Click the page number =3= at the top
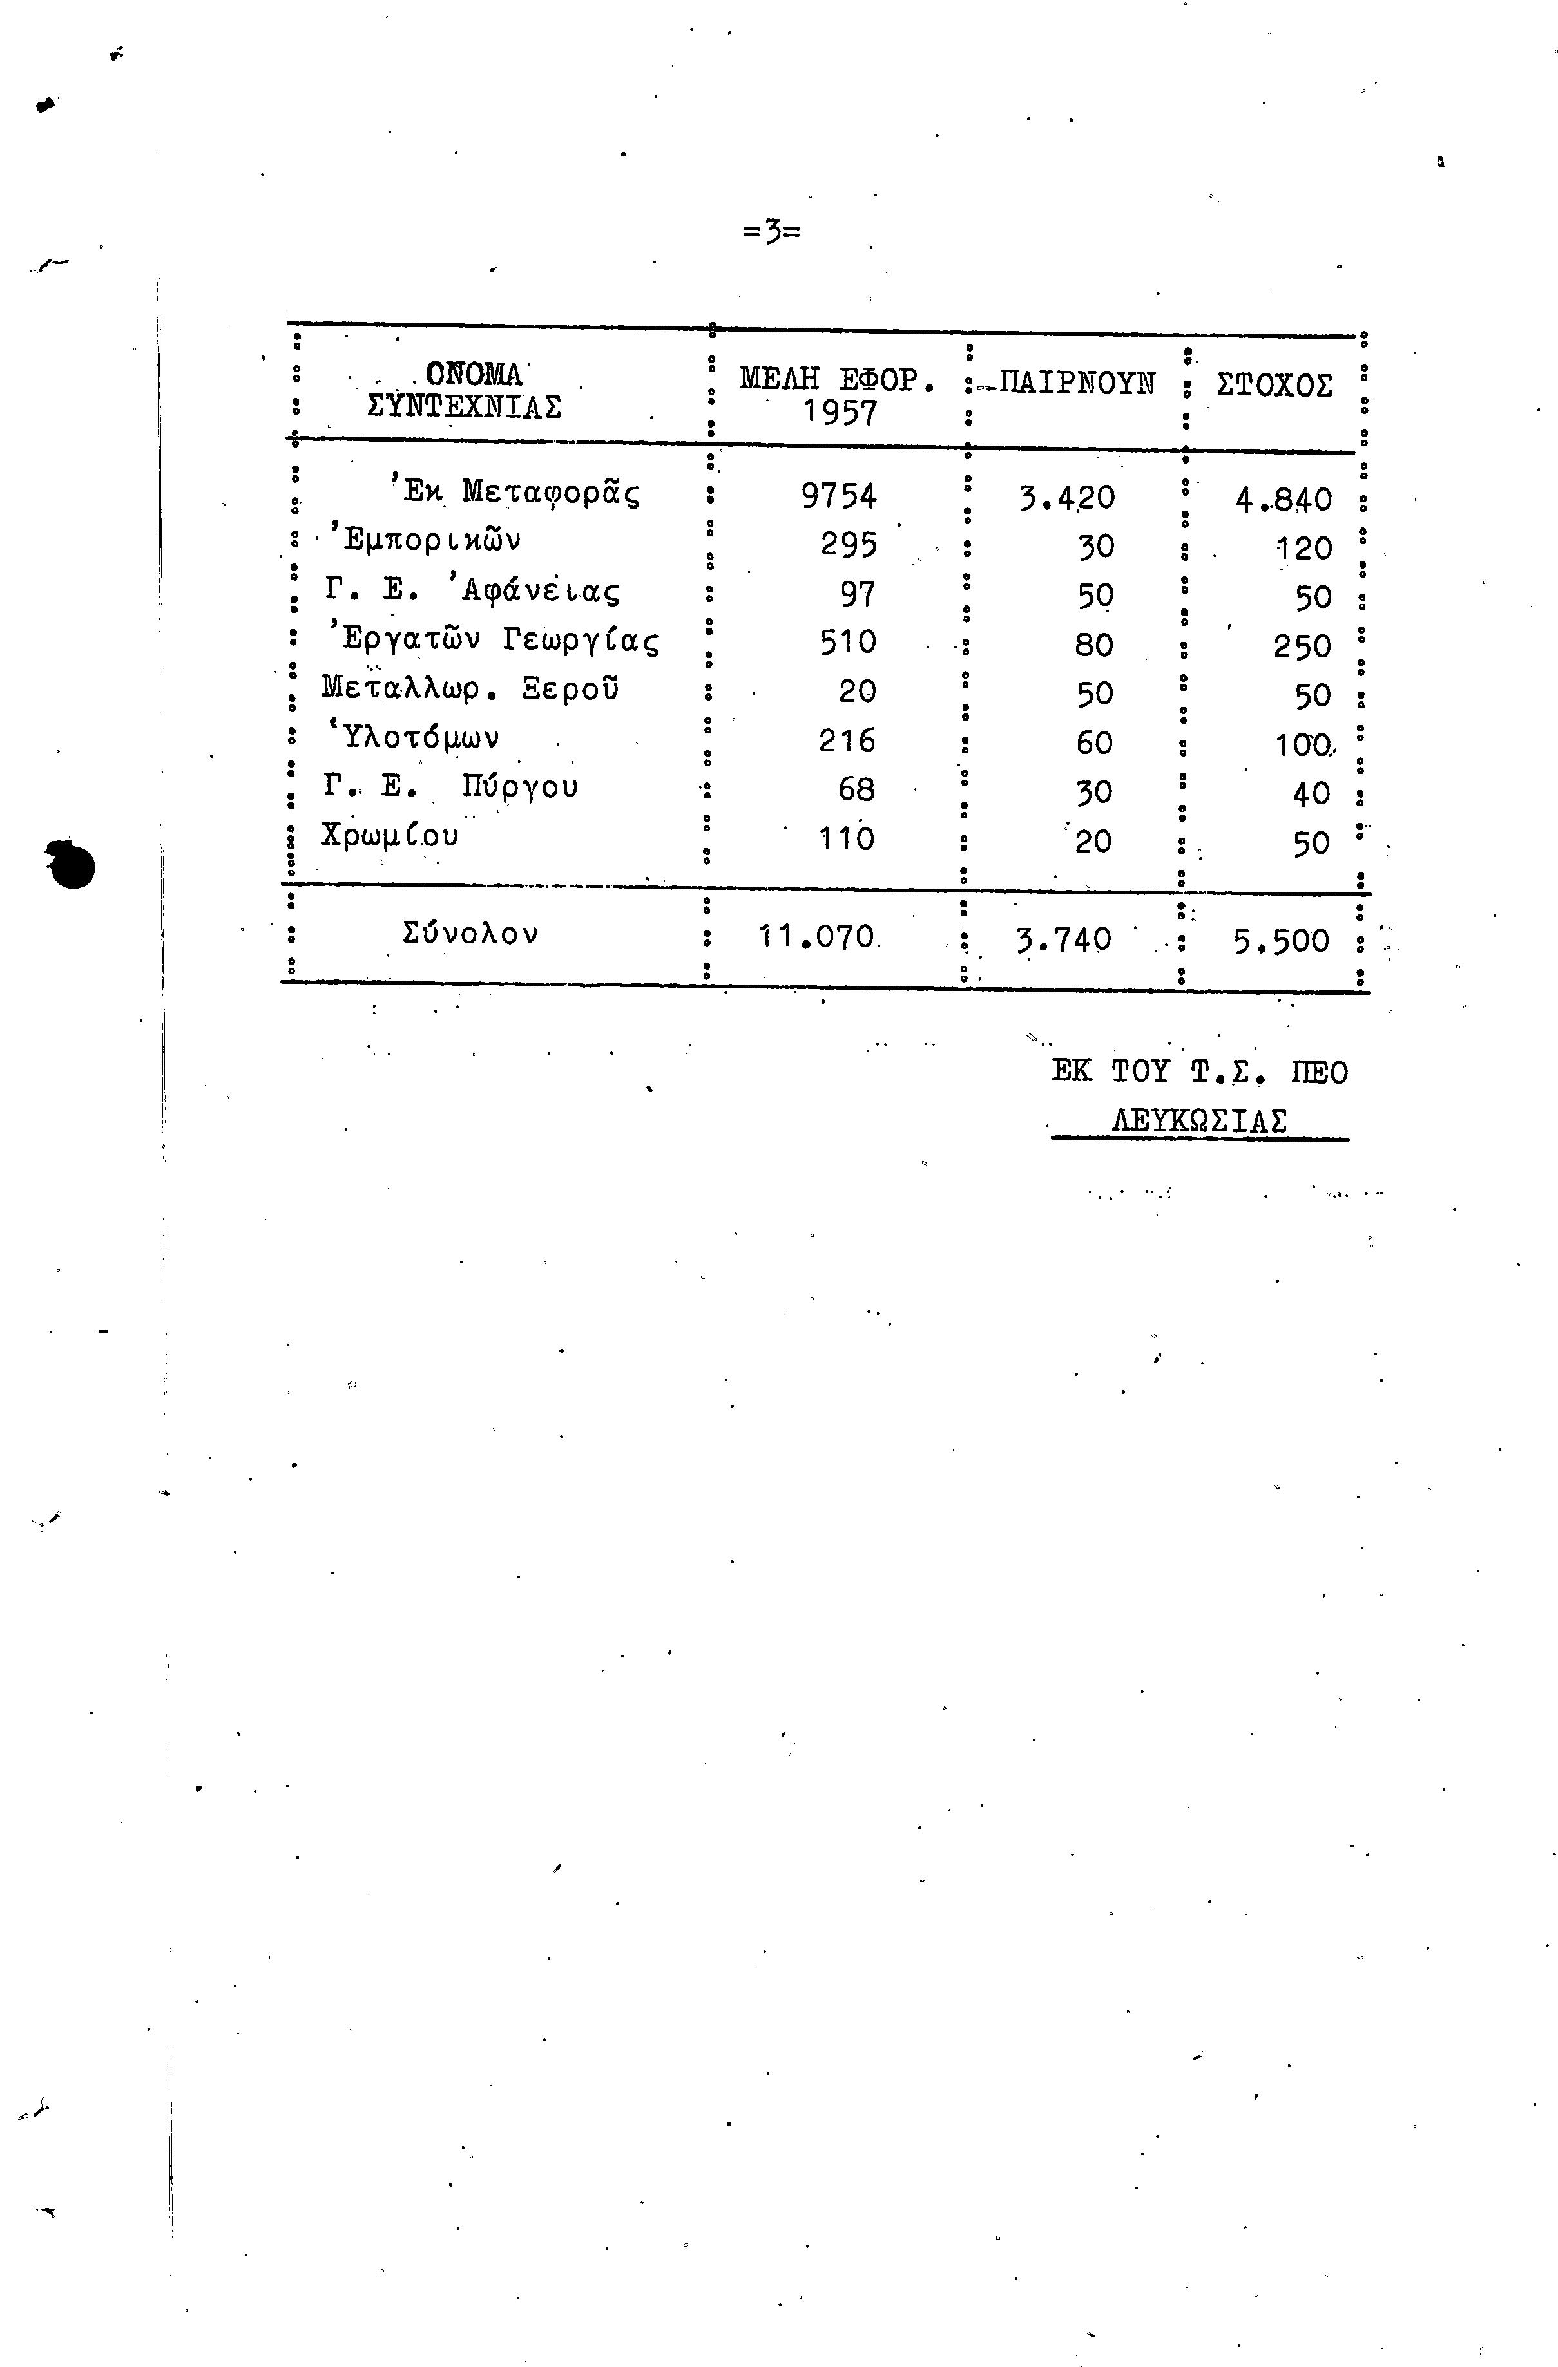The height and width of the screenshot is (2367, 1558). point(771,232)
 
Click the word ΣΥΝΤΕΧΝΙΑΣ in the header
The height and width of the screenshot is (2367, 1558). point(464,407)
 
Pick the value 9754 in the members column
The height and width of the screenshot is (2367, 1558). point(839,495)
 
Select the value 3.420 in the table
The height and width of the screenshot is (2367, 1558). point(1066,497)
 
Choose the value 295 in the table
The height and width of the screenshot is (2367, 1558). point(849,545)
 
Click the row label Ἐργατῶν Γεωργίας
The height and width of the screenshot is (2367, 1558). point(492,639)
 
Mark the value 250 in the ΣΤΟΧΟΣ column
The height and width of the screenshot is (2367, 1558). point(1302,647)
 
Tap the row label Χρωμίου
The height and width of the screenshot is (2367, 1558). point(390,835)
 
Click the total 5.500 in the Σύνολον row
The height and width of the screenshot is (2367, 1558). point(1280,941)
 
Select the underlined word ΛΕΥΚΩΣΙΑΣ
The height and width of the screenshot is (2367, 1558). point(1199,1121)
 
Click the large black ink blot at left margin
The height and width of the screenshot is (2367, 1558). point(70,864)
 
